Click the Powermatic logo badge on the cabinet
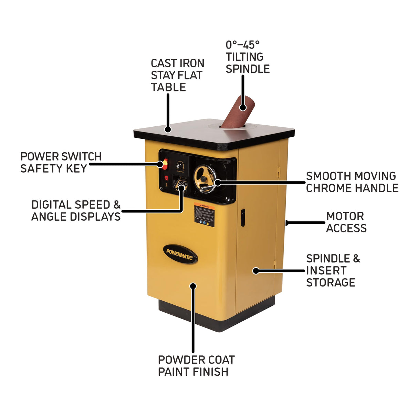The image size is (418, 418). [x=180, y=254]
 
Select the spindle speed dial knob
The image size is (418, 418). [x=179, y=165]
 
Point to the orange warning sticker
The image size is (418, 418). [x=204, y=216]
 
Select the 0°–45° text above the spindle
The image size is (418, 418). [x=242, y=45]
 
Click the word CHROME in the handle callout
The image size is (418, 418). [x=328, y=188]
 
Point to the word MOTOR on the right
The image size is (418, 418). [x=345, y=216]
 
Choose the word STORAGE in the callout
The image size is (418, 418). [x=331, y=282]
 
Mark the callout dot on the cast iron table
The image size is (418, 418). [x=168, y=129]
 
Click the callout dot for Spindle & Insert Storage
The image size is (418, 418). [x=255, y=271]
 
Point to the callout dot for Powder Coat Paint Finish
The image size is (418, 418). [x=193, y=285]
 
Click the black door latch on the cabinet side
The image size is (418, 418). [x=243, y=218]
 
